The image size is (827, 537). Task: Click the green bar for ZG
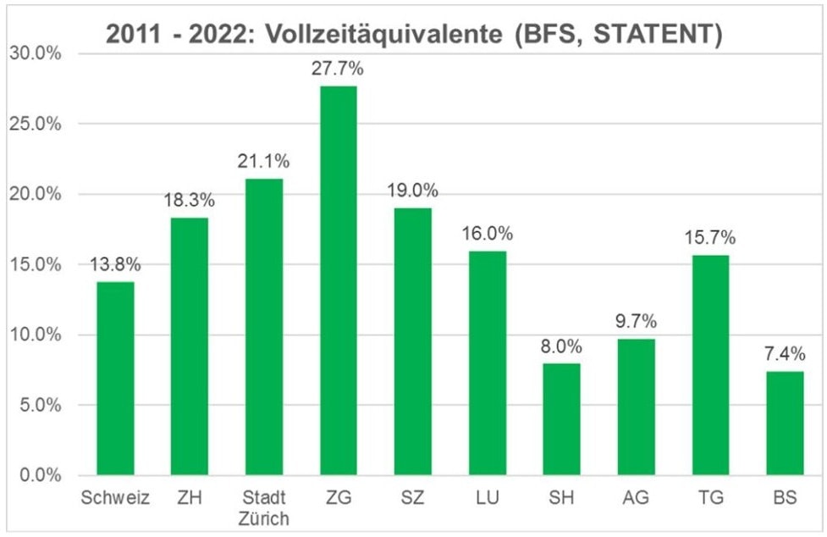pos(339,280)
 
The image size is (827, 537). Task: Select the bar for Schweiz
pos(115,378)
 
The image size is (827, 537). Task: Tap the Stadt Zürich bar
pos(264,326)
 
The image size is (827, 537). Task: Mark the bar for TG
pos(710,364)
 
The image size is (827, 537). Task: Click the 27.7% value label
pos(339,69)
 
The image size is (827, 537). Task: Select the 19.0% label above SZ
pos(413,191)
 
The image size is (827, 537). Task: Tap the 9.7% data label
pos(637,322)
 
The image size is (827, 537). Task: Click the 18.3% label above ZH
pos(190,201)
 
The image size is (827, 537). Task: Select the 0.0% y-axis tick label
pos(37,475)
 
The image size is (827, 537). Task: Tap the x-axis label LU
pos(488,498)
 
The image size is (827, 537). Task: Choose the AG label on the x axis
pos(637,498)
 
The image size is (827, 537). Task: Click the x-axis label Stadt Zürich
pos(264,507)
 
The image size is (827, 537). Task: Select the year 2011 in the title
pos(131,35)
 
